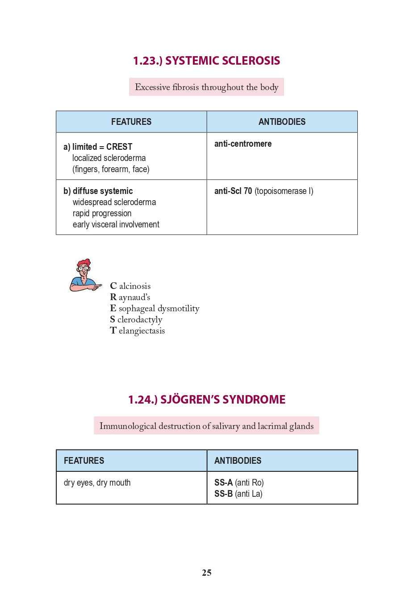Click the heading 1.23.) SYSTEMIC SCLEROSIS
coord(206,61)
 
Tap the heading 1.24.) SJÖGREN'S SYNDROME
coord(206,400)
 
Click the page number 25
coord(206,573)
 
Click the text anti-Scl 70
coord(233,191)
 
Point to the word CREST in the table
coord(119,147)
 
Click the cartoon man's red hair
coord(84,263)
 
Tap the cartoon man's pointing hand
coord(95,287)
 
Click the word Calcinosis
coord(130,286)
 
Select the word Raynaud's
coord(130,297)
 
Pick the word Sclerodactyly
coord(136,320)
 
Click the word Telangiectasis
coord(138,331)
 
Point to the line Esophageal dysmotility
coord(155,309)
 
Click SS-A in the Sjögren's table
coord(223,483)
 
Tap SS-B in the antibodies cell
coord(223,494)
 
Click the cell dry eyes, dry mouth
coord(97,483)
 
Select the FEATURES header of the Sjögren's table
coord(84,461)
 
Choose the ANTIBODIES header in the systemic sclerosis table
coord(282,122)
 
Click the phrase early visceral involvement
coord(116,225)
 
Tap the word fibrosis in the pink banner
coord(185,87)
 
